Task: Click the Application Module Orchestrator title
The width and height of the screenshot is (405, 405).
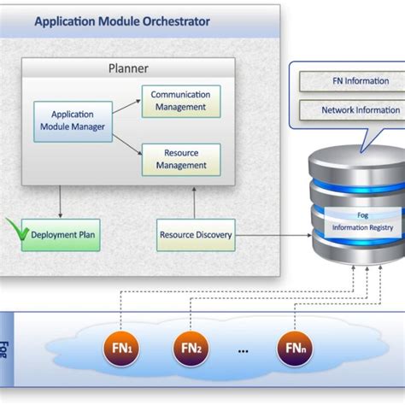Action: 122,21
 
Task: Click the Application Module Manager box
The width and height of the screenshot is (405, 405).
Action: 73,120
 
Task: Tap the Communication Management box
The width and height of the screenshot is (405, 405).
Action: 180,101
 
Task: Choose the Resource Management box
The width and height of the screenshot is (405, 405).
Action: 180,159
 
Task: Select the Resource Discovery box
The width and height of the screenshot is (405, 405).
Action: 196,234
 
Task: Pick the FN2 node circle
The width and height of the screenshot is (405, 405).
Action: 191,348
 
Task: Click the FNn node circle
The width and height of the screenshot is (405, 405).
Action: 293,348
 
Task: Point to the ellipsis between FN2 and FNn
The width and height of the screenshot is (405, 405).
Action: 242,349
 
